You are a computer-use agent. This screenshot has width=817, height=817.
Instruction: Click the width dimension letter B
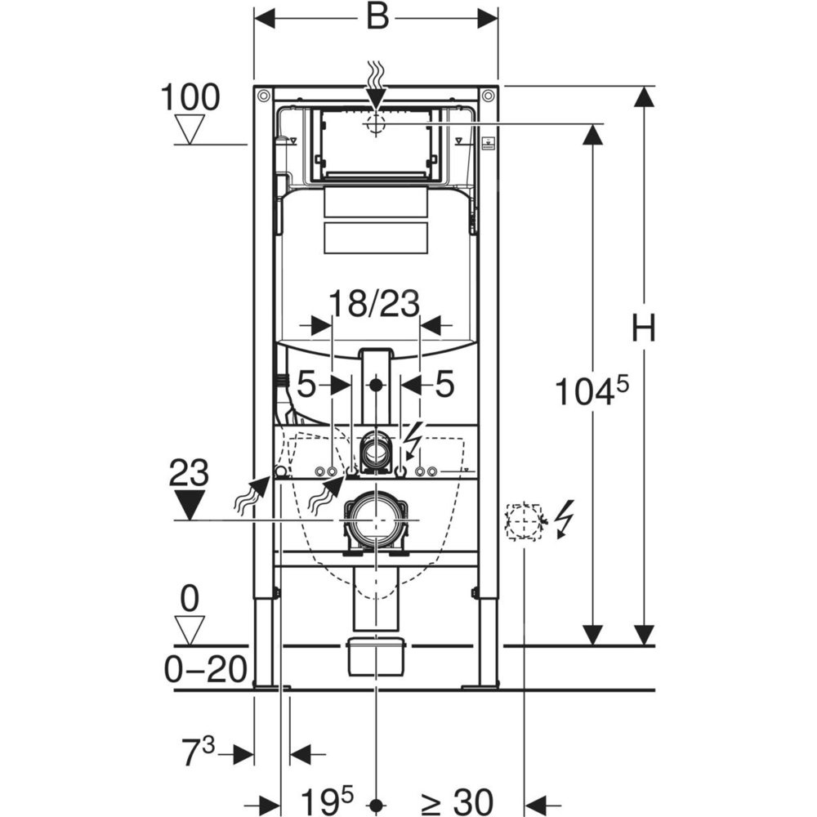(x=377, y=16)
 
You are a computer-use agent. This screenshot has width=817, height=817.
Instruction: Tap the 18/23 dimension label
(x=374, y=305)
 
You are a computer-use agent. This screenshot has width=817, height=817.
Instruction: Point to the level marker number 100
(x=190, y=98)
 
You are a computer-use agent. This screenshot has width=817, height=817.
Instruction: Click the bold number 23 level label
(x=189, y=473)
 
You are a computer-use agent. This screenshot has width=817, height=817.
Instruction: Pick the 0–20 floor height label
(x=205, y=671)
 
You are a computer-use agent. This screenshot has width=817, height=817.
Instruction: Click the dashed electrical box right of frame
(x=524, y=521)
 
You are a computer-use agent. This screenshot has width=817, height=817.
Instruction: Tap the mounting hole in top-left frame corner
(x=263, y=95)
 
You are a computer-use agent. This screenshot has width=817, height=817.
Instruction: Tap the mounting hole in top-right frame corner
(x=489, y=95)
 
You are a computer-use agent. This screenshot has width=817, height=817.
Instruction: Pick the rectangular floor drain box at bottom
(x=376, y=656)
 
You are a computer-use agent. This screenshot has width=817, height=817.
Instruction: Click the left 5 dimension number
(x=306, y=386)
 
